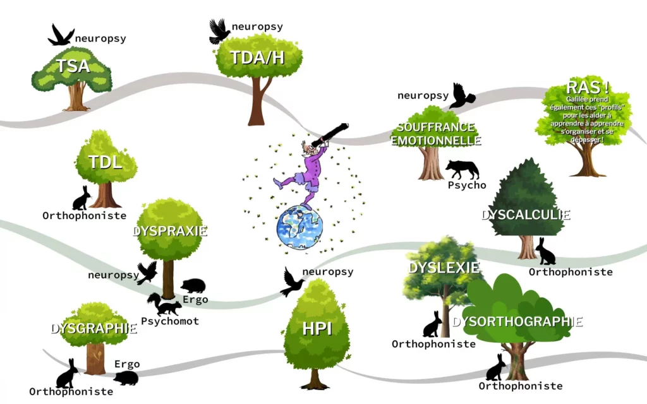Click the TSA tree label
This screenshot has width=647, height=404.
coord(73,66)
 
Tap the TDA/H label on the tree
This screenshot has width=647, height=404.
coord(257,58)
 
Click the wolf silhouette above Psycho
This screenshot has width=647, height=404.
coord(463,169)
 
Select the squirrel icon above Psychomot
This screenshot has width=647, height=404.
coord(164,305)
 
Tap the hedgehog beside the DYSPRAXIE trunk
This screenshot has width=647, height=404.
coord(193,286)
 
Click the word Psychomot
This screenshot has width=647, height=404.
coord(170,321)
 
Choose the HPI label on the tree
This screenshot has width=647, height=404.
coord(317,328)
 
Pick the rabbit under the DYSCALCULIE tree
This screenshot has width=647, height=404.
coord(545,252)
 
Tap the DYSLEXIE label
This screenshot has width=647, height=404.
coord(444,268)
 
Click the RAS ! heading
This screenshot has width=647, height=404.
coord(588,87)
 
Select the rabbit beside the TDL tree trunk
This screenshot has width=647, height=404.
coord(82,198)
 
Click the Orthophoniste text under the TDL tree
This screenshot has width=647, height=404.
coord(85,216)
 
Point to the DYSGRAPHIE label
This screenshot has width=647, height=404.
coord(94,328)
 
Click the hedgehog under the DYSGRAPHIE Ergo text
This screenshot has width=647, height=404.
coord(126,377)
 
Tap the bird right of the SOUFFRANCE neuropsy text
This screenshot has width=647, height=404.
coord(462,96)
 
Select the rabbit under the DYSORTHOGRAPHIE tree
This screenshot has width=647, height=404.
coord(496,367)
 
